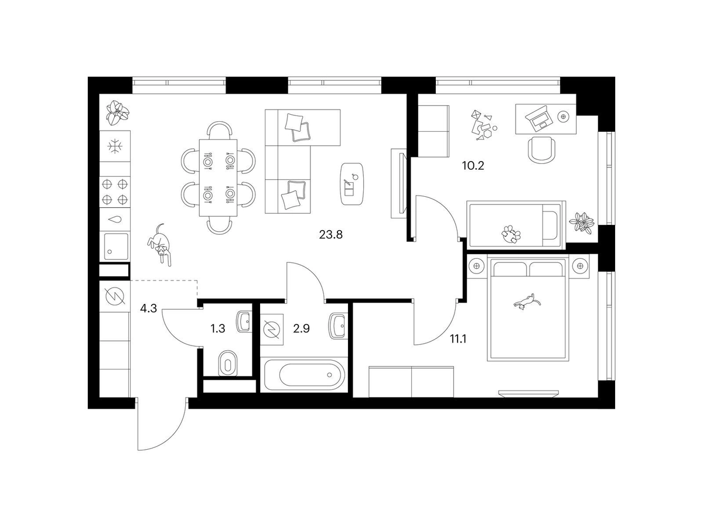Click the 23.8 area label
[x=330, y=235]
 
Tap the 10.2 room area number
[x=473, y=166]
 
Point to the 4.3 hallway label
[x=148, y=308]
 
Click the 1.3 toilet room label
[x=218, y=328]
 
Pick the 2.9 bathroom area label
[x=301, y=328]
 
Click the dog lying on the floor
[x=159, y=245]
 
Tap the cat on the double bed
[x=527, y=302]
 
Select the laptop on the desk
[x=539, y=118]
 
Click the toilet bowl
[x=228, y=364]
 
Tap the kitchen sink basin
[x=115, y=247]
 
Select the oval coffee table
[x=352, y=184]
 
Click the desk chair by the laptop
[x=541, y=149]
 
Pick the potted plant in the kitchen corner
[x=118, y=114]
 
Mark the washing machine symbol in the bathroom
[x=272, y=329]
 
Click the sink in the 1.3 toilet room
[x=244, y=321]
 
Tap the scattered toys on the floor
[x=483, y=125]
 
